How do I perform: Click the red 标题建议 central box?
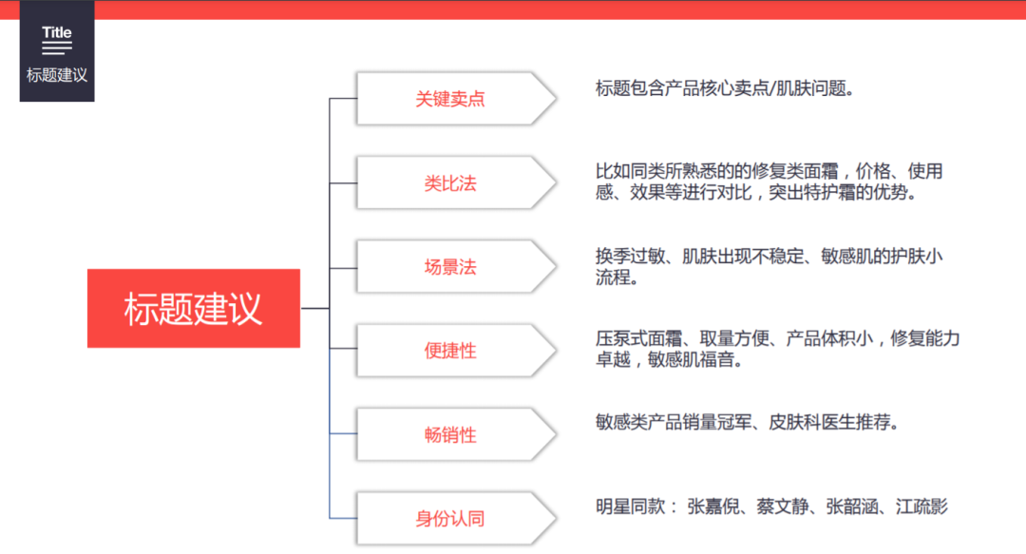194,308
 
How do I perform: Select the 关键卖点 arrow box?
456,99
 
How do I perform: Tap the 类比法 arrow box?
456,182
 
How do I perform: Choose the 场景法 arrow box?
456,266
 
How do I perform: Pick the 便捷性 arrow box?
456,351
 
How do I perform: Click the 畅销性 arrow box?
456,434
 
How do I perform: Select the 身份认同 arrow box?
456,518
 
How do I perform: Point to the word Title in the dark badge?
57,32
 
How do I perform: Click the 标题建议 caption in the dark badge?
57,75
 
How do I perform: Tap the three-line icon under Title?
57,48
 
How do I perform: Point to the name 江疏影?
921,506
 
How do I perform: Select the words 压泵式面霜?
638,338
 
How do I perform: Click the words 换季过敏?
630,256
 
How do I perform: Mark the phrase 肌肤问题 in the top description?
810,87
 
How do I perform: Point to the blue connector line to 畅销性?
344,433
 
